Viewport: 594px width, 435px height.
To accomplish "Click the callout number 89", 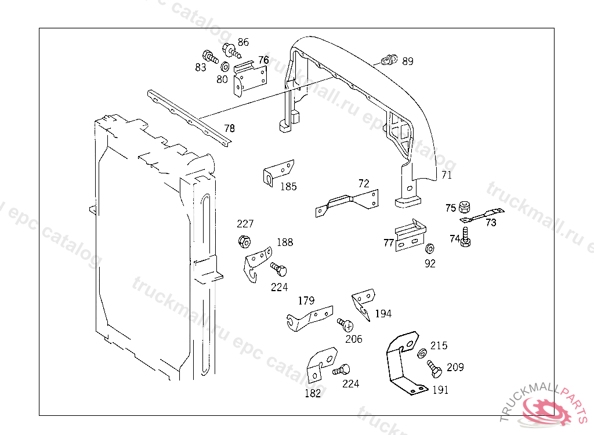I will click(408, 61).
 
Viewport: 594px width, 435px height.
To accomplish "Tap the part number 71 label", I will click(446, 175).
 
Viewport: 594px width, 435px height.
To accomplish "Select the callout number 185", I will click(288, 187).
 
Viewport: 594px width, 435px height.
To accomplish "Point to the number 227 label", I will click(245, 224).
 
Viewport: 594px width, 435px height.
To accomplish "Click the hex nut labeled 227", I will click(244, 241).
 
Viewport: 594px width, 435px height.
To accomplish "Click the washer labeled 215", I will click(422, 353).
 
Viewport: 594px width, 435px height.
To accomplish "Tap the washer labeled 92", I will click(429, 249).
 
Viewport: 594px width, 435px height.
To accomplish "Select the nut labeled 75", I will click(464, 207).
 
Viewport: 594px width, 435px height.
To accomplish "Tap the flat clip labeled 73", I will click(481, 216).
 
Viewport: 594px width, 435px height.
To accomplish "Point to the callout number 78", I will click(230, 128).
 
